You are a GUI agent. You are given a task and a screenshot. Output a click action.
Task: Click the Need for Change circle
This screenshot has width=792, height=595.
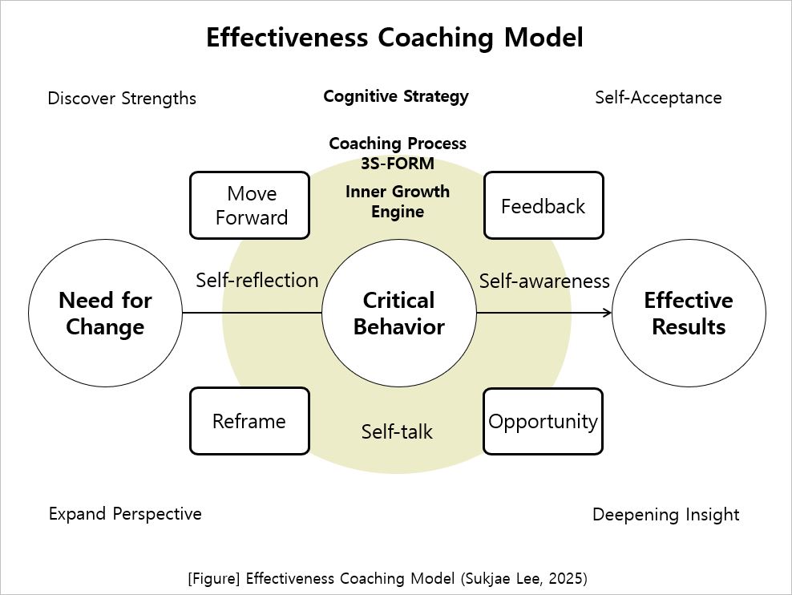105,314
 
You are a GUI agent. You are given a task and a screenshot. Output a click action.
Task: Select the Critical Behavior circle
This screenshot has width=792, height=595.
398,314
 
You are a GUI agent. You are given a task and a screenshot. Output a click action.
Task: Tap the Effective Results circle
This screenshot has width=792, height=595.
689,314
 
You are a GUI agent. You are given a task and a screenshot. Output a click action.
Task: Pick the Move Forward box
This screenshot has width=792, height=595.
250,205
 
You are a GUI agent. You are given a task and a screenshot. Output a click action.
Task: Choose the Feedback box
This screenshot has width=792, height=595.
543,205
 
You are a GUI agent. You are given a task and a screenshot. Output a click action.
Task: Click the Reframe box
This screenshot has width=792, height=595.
249,421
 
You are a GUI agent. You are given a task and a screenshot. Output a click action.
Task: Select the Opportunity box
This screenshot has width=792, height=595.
543,421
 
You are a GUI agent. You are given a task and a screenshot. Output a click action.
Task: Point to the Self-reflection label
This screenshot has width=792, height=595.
257,280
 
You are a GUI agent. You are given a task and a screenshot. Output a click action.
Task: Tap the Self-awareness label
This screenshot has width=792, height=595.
544,281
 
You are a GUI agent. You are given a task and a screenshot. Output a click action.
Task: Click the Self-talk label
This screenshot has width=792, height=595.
397,431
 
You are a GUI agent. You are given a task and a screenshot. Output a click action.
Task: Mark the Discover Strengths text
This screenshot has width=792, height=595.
122,98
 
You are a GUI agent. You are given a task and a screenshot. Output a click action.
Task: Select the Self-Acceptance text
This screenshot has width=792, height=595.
658,97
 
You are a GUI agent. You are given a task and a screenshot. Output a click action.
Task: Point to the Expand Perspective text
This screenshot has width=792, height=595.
125,513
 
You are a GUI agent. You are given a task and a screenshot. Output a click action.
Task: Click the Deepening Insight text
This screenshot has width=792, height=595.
665,514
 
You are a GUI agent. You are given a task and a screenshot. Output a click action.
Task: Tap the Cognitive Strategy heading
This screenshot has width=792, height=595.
396,96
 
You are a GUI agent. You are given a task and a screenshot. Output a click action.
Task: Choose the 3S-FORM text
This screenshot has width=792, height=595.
398,164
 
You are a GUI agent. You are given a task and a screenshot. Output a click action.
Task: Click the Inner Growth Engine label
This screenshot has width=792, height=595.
398,201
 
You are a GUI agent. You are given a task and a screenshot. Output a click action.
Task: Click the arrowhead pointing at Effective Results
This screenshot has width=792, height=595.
607,313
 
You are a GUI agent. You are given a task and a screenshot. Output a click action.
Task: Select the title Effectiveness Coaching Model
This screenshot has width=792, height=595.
394,38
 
